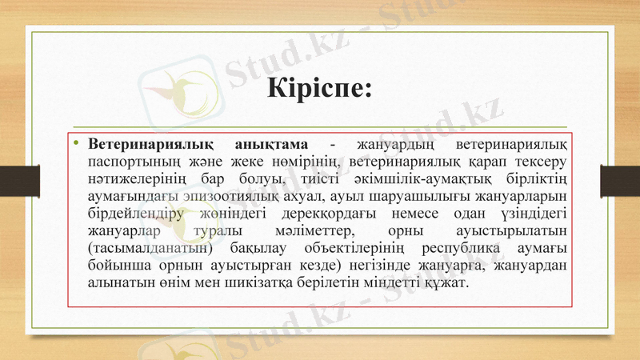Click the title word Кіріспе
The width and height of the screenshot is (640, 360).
click(318, 85)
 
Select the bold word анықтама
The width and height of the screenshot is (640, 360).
click(271, 144)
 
